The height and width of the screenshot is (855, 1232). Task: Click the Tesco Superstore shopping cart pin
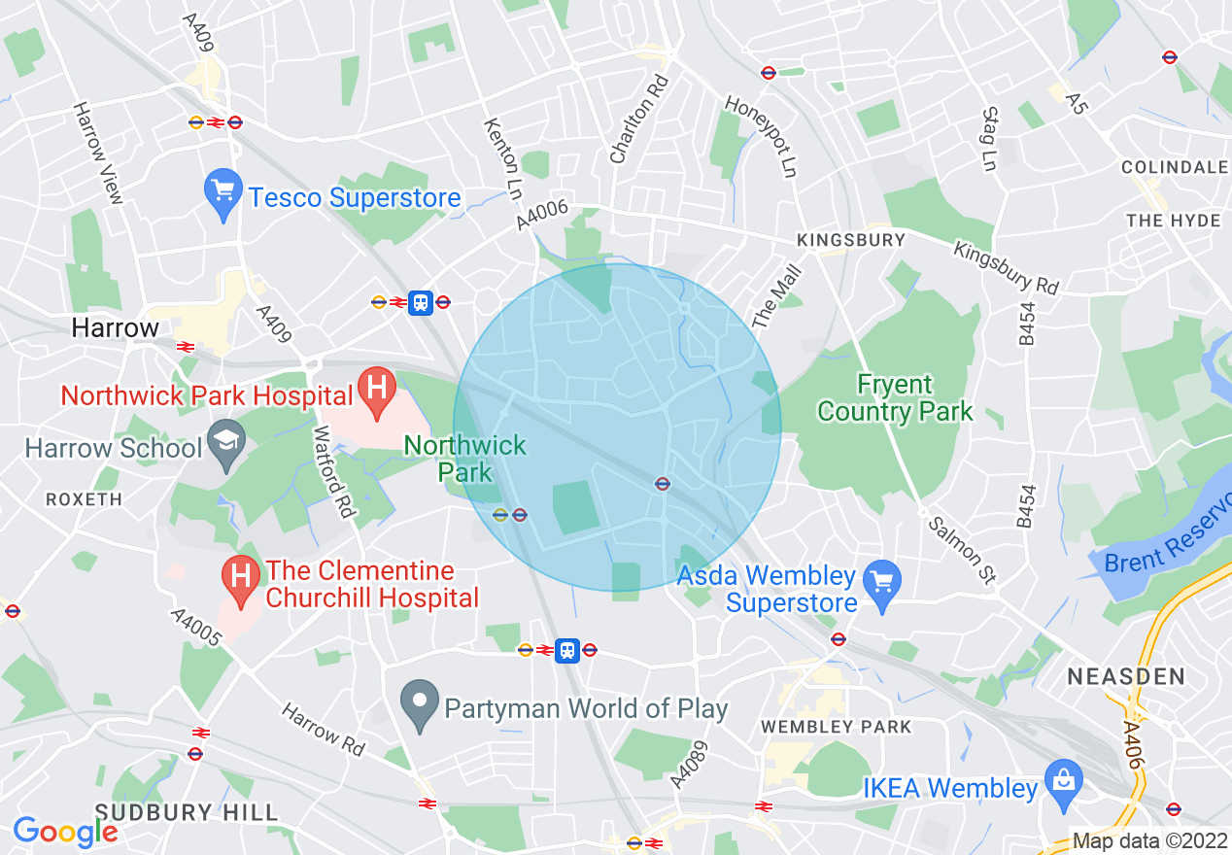pyautogui.click(x=223, y=195)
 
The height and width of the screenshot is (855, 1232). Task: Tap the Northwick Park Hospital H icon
pyautogui.click(x=377, y=392)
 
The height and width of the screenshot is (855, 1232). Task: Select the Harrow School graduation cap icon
pyautogui.click(x=225, y=448)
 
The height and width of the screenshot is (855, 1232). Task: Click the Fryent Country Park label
pyautogui.click(x=894, y=398)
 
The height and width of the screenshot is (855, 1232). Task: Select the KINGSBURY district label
pyautogui.click(x=850, y=239)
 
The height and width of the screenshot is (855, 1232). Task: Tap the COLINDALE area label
pyautogui.click(x=1174, y=167)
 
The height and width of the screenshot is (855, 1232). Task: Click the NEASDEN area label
pyautogui.click(x=1125, y=676)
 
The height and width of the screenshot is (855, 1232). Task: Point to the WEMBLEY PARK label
pyautogui.click(x=837, y=727)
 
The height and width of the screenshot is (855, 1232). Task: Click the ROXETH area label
pyautogui.click(x=84, y=499)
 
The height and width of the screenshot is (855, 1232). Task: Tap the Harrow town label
pyautogui.click(x=115, y=328)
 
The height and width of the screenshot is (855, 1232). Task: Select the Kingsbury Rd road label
pyautogui.click(x=1005, y=267)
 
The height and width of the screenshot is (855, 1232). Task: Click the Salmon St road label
pyautogui.click(x=961, y=551)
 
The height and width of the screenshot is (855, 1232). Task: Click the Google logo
pyautogui.click(x=64, y=832)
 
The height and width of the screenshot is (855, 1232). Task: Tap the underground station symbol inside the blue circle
pyautogui.click(x=662, y=483)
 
